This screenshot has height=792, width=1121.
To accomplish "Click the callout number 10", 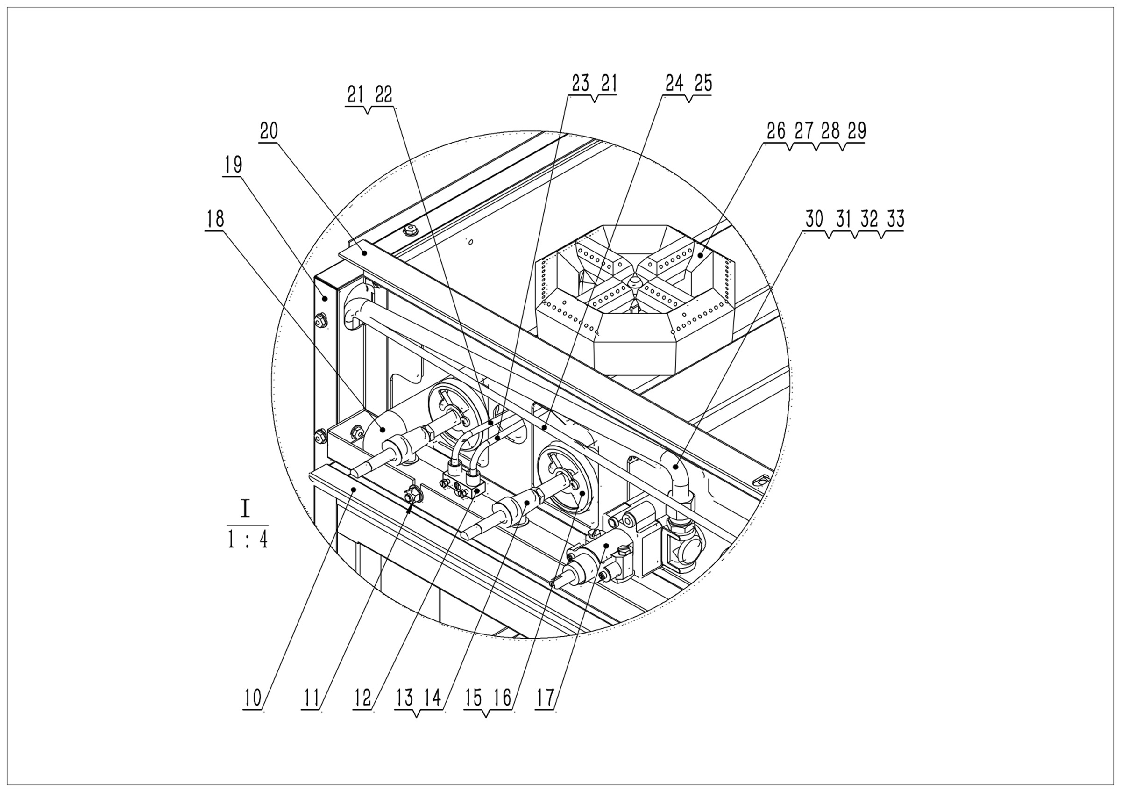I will pos(253,698).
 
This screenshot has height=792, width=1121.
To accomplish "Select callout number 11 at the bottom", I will pos(311,698).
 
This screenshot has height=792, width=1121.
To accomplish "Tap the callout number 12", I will pos(362,698).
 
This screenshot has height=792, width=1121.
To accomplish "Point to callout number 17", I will pos(546,698).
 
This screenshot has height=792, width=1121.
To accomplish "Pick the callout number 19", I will pos(233,165).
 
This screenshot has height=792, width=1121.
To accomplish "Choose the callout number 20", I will pos(269,131).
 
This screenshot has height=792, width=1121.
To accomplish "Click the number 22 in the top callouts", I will pos(383,94).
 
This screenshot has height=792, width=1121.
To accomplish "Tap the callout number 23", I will pos(581,84).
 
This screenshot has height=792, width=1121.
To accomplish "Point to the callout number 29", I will pos(857,131).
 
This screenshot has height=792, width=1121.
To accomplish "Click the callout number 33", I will pos(895,219).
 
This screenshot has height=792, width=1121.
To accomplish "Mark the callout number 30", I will pos(815,219).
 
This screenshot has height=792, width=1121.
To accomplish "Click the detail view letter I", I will pos(245,509).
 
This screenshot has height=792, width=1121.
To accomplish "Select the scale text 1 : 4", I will pos(248,540).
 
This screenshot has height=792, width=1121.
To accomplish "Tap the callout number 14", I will pos(433,698).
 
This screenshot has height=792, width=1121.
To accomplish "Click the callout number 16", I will pos(502,698).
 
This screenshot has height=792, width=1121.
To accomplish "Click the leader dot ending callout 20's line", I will pos(364,252).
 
